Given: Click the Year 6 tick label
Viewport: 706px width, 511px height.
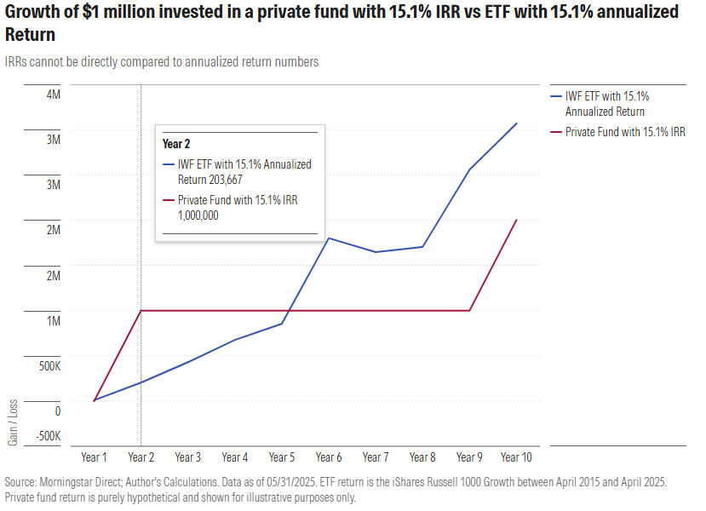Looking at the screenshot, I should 329,456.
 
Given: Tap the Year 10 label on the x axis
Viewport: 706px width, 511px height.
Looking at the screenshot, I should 516,456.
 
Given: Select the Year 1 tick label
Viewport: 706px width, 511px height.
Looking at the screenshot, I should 94,456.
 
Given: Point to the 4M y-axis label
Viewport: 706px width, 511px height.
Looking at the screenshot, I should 53,94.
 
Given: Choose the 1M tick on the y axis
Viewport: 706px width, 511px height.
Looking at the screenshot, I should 53,320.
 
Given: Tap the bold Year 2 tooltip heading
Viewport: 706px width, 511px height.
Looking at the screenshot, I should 176,144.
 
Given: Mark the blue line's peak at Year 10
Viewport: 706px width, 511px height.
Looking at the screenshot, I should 516,123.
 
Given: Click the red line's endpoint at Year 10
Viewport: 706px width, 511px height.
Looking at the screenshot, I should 516,220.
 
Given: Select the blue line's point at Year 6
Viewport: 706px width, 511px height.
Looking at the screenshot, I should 329,238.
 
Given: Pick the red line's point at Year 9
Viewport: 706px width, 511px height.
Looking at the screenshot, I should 469,311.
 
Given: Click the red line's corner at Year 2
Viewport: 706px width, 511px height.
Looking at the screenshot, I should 141,311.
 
